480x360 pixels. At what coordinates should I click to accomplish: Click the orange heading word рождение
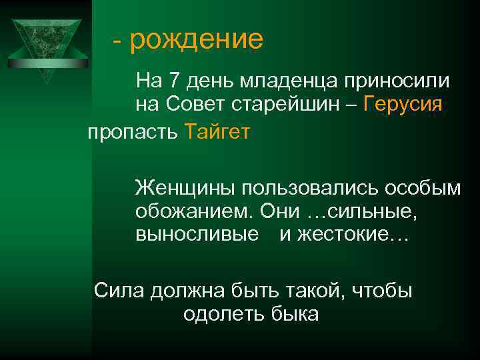click(197, 40)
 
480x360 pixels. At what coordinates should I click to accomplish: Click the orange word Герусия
click(405, 105)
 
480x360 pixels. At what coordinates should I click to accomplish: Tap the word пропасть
click(131, 132)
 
